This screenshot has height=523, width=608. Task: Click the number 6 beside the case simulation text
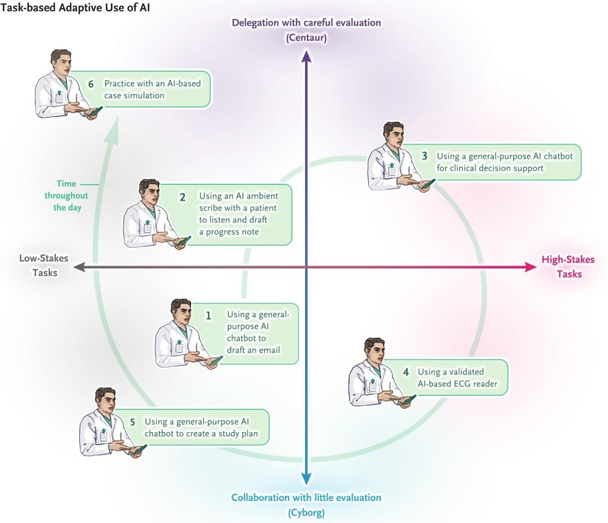[91, 84]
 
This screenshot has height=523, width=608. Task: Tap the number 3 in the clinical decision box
[425, 156]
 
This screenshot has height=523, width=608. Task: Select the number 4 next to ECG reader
[406, 372]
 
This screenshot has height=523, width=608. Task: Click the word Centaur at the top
[306, 37]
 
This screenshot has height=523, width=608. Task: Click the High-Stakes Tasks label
[568, 267]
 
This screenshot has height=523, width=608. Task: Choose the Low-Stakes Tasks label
[44, 266]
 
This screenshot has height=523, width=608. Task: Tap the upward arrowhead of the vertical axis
[306, 55]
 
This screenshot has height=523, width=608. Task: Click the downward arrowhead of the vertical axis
[306, 479]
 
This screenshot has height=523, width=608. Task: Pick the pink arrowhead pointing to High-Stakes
[530, 267]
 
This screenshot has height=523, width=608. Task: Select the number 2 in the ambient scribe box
[183, 196]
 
